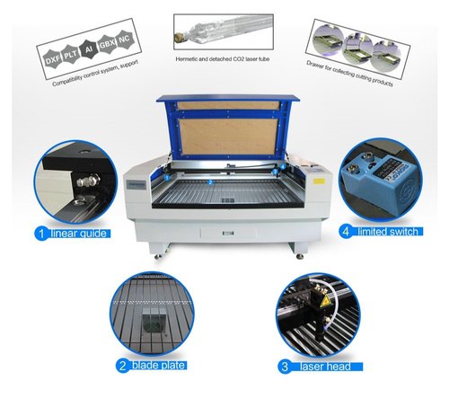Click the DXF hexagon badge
click(x=52, y=56)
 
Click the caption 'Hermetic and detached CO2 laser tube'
click(x=222, y=60)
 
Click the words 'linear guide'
click(x=78, y=234)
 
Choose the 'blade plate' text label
click(x=162, y=366)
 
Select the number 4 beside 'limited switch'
click(x=345, y=233)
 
